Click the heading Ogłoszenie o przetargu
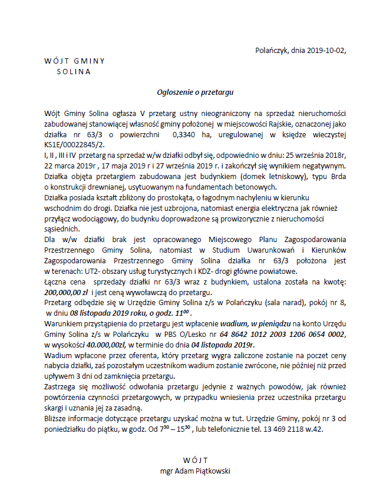coord(196,92)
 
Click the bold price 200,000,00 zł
coord(66,292)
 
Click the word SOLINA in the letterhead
coord(74,72)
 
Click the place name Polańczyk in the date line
coord(273,51)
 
